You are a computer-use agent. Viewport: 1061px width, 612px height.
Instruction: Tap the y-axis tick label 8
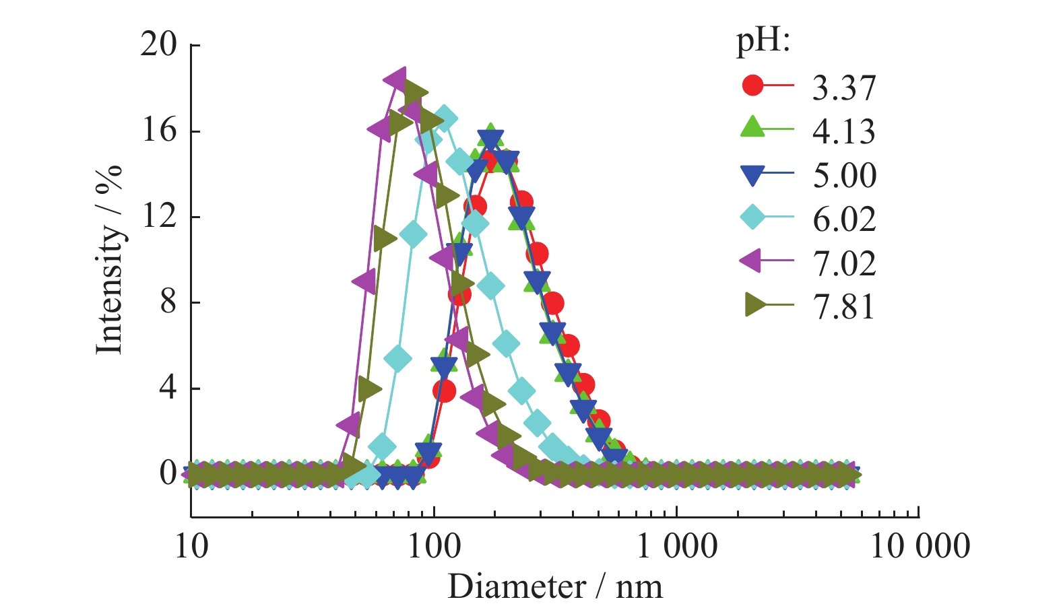point(168,302)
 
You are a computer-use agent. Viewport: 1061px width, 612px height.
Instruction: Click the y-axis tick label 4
point(168,387)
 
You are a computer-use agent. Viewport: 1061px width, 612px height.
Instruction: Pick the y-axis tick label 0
point(168,473)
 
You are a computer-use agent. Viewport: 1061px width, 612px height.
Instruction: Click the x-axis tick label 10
point(191,545)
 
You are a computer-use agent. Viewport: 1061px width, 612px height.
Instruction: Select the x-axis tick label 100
point(434,545)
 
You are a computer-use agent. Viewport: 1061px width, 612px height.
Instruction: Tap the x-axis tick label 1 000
point(676,545)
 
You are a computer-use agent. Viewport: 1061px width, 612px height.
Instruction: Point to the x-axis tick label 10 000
point(920,545)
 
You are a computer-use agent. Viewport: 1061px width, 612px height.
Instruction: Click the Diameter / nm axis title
point(555,586)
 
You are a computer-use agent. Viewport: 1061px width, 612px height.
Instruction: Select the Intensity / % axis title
point(109,259)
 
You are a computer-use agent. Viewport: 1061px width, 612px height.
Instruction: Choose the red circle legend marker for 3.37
point(752,86)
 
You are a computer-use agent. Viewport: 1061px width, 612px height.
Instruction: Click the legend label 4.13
point(843,131)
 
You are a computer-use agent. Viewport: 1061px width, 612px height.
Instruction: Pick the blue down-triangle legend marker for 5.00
point(752,175)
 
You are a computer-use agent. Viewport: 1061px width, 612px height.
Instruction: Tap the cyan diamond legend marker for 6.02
point(752,217)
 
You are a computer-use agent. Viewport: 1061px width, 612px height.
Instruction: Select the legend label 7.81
point(843,307)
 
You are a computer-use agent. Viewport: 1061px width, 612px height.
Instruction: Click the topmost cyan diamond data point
point(444,118)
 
